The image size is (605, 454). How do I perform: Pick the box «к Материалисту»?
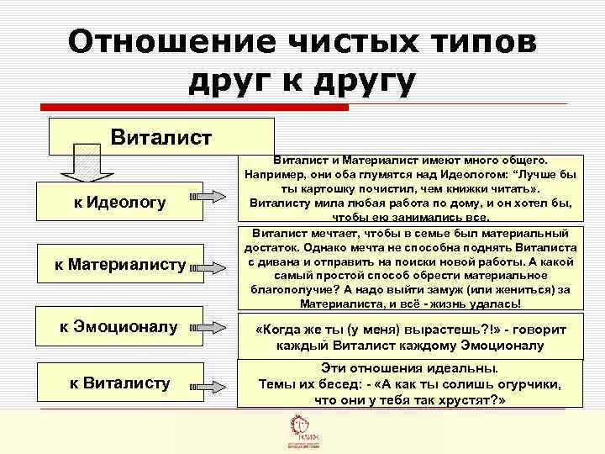pos(120,265)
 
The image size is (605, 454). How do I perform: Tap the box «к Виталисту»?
pos(120,383)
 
